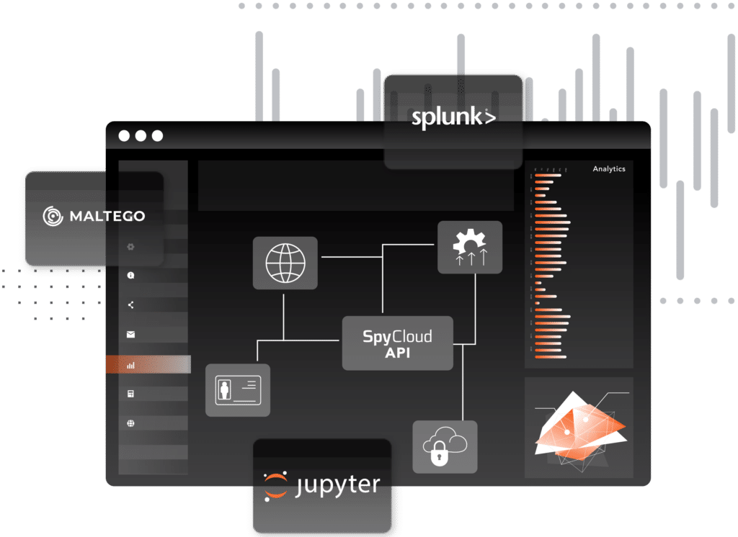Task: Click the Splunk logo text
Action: coord(453,118)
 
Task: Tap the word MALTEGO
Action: coord(107,216)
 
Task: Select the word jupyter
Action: coord(338,484)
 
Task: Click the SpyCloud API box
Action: coord(397,343)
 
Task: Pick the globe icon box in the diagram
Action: coord(285,263)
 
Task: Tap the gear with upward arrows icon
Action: coord(470,247)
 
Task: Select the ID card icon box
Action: coord(237,389)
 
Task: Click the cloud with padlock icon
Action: coord(445,446)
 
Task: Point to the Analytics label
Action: coord(609,169)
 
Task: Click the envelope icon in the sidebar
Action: coord(130,334)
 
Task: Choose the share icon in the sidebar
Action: coord(130,304)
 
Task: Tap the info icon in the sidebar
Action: coord(130,275)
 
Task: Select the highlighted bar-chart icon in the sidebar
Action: coord(130,365)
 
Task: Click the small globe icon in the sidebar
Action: coord(130,423)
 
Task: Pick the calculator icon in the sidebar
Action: coord(130,394)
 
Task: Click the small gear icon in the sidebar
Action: coord(130,246)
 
